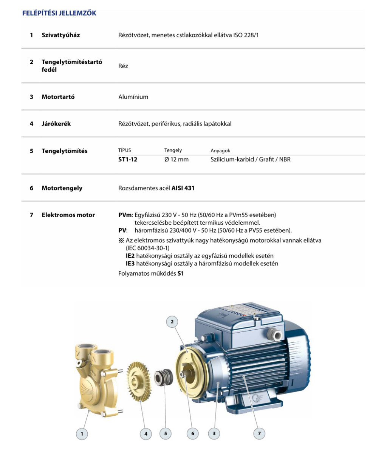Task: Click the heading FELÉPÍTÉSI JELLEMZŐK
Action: (x=59, y=13)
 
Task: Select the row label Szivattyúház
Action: (x=60, y=35)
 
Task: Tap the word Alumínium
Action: (x=133, y=97)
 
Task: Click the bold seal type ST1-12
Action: (x=128, y=160)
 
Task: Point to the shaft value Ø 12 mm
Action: (x=176, y=160)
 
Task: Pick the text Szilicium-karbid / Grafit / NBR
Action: (x=251, y=160)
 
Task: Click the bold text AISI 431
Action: (x=183, y=188)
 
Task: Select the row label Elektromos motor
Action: (x=68, y=215)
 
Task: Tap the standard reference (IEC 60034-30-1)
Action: (x=148, y=248)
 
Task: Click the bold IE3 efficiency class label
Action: (x=130, y=264)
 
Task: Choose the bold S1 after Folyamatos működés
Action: (x=181, y=273)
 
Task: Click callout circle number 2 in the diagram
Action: (x=172, y=322)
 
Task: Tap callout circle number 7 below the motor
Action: (x=259, y=434)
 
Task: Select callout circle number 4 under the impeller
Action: (x=146, y=434)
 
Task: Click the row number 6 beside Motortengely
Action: (x=31, y=188)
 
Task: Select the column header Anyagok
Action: (x=220, y=150)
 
